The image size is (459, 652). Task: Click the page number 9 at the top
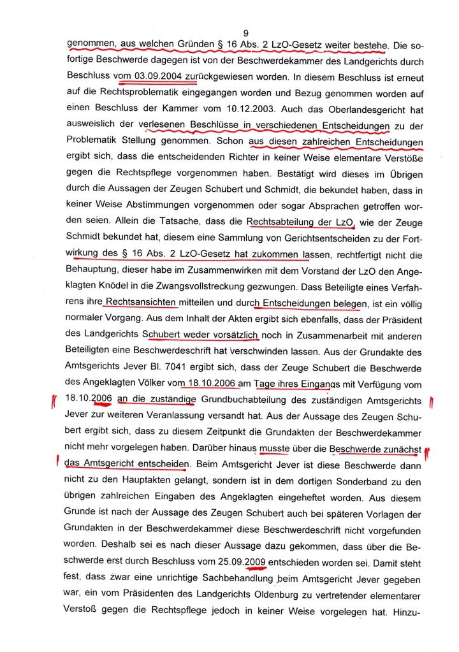pos(245,33)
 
